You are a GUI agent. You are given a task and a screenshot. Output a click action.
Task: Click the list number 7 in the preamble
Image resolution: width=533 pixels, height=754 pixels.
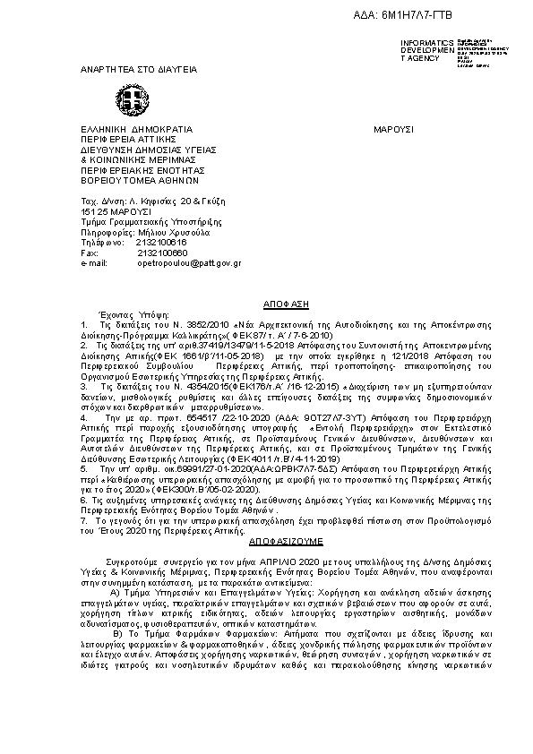[x=83, y=520]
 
